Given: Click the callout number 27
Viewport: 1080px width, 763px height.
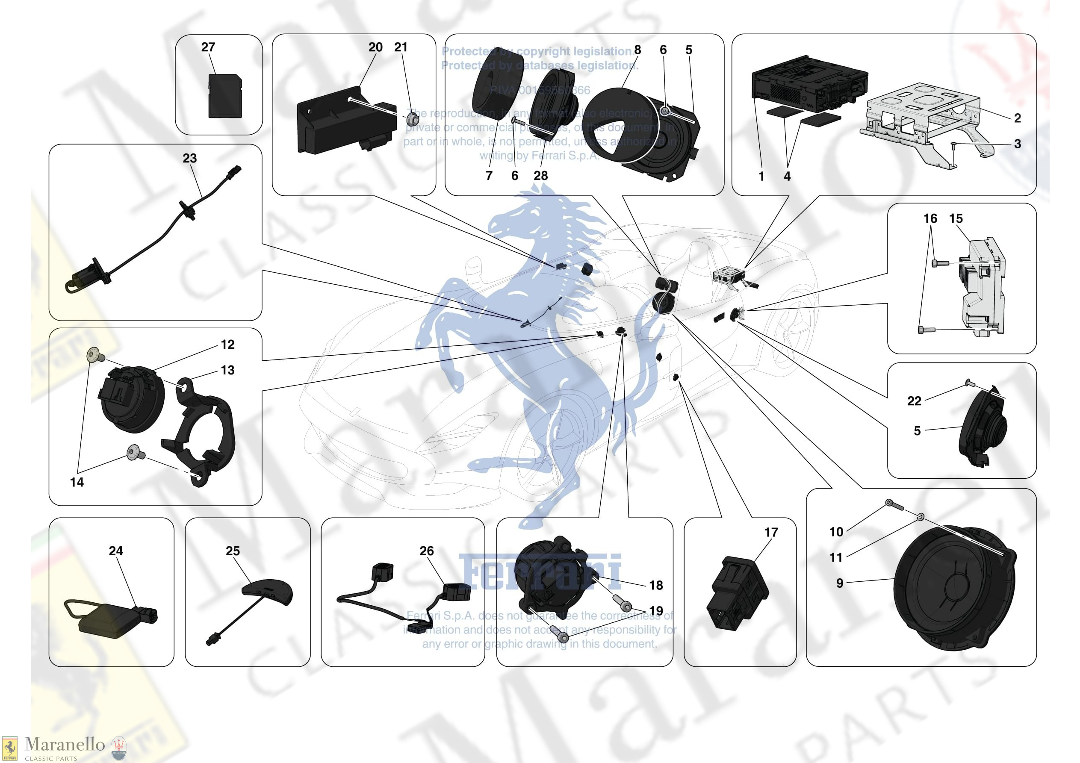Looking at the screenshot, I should point(208,47).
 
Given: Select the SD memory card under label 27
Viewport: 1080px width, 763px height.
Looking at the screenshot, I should point(225,97).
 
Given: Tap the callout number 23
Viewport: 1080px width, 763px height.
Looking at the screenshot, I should point(189,159).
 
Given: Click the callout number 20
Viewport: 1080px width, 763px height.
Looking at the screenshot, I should point(375,47).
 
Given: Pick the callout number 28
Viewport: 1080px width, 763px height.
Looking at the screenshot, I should point(540,176).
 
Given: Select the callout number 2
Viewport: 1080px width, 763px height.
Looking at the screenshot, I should point(1018,118).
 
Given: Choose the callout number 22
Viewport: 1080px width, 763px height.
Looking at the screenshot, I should point(914,401).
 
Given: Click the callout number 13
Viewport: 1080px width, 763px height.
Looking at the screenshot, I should point(227,371).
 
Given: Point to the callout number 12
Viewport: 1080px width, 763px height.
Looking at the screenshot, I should point(227,345).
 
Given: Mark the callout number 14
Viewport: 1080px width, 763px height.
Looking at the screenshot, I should point(77,482).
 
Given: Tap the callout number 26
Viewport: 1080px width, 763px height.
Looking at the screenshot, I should point(427,551).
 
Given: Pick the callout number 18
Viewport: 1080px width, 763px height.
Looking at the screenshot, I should point(656,585).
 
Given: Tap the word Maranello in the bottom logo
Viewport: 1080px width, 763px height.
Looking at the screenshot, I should point(65,744).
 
